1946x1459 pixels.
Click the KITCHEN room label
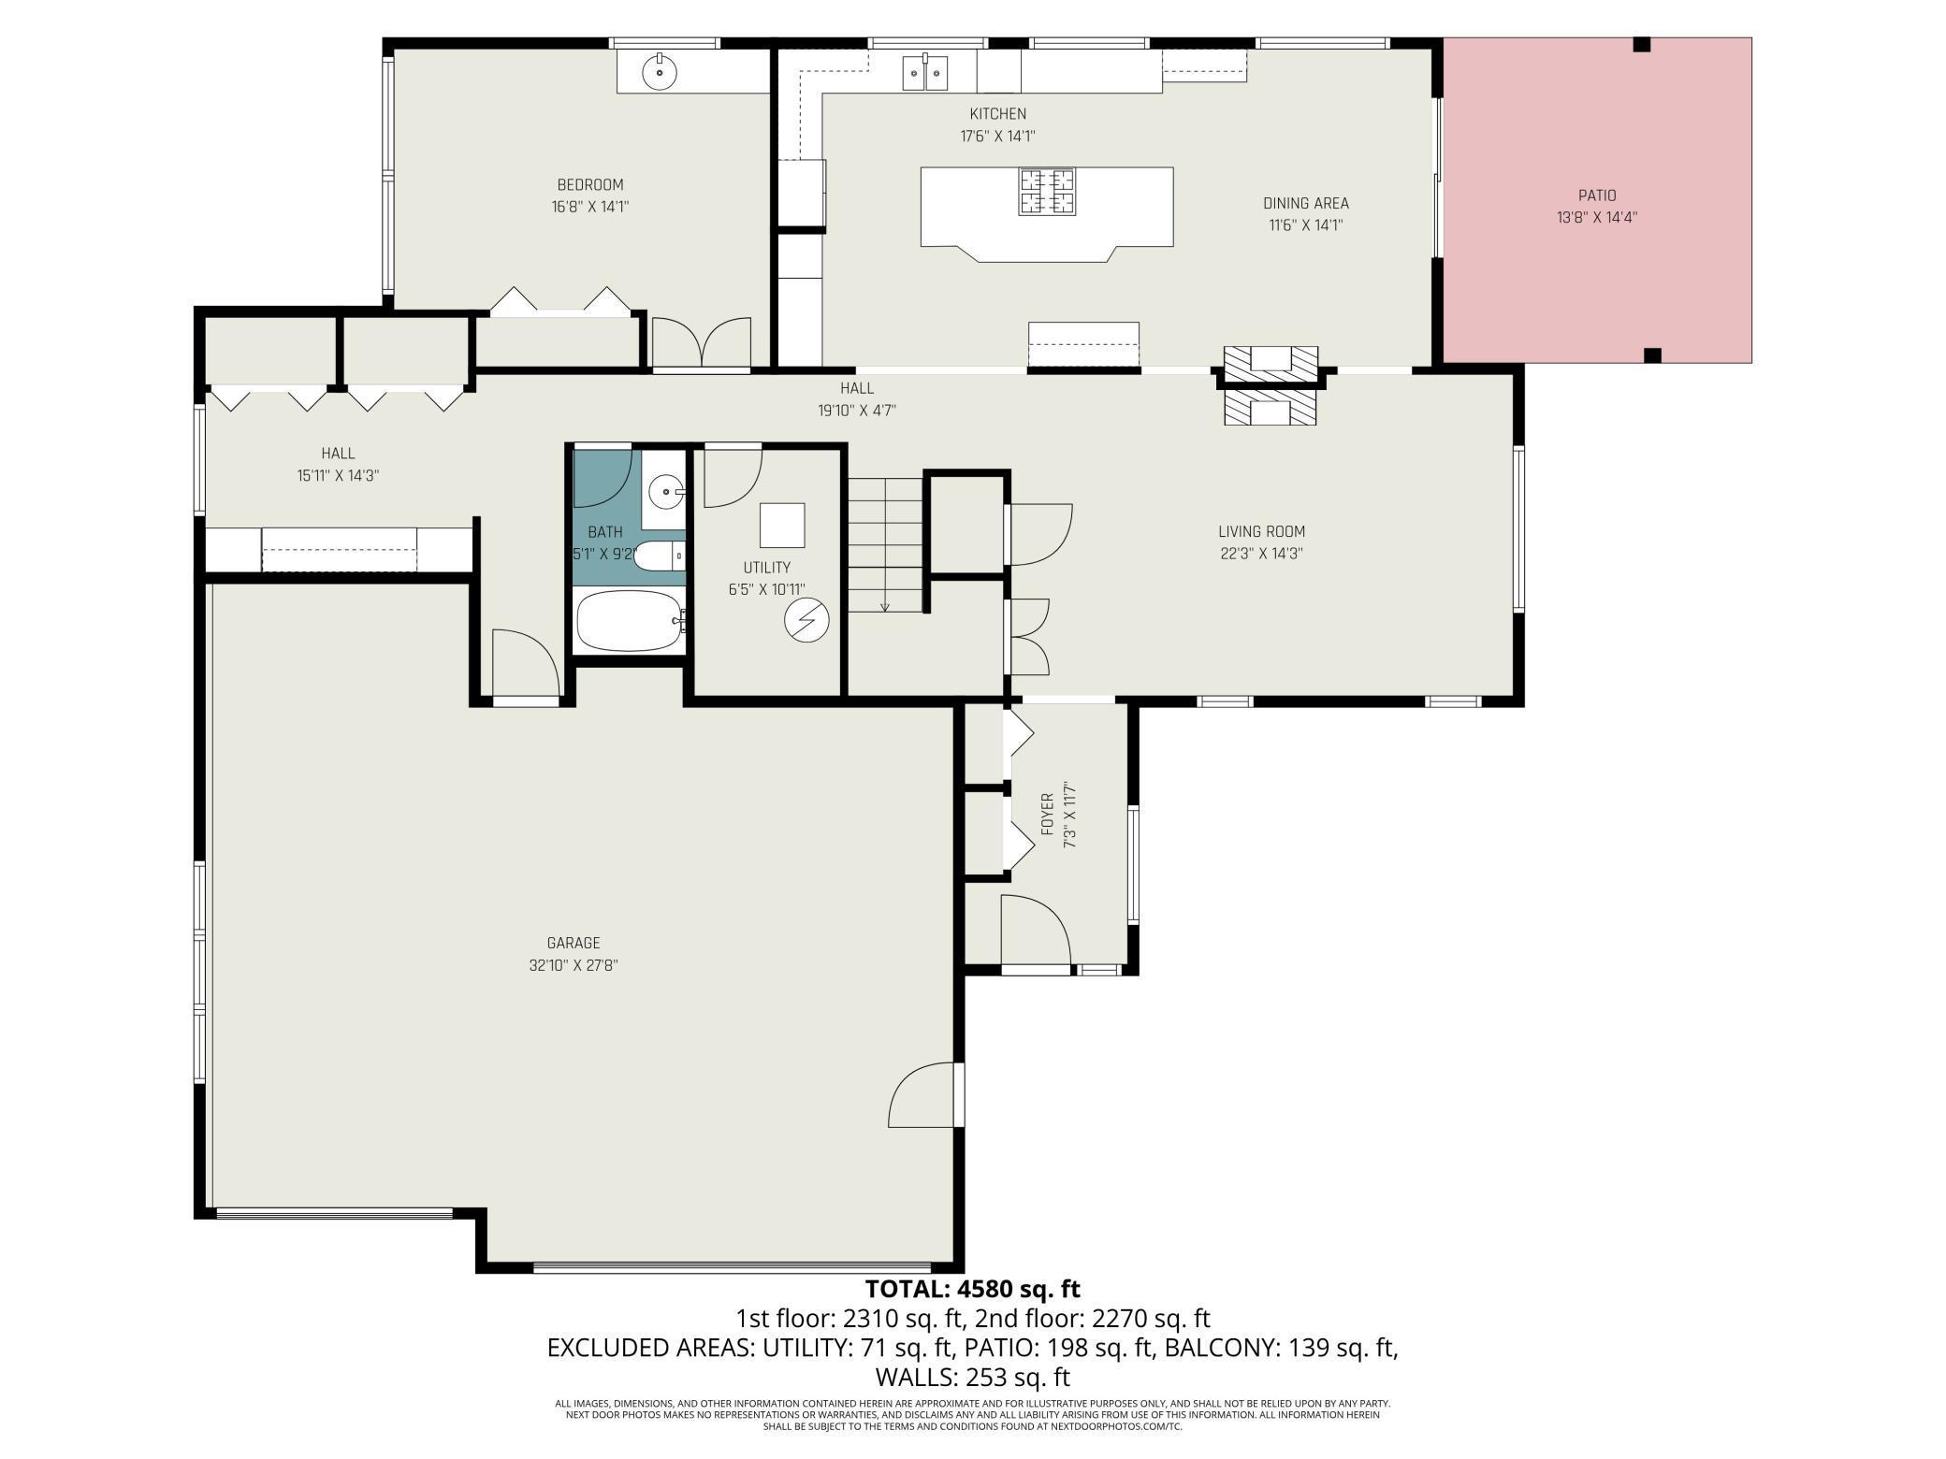coord(997,114)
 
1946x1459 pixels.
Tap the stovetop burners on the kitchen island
coord(1047,191)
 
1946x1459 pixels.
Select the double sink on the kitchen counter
coord(925,72)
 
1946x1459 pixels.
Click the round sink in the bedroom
coord(660,71)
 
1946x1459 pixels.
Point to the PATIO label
coord(1597,195)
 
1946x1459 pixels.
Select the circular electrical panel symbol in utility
coord(806,620)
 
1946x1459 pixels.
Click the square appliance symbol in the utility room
coord(782,525)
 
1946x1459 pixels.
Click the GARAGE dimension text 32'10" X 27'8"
coord(574,965)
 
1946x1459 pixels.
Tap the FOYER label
coord(1047,814)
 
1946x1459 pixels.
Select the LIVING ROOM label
coord(1261,531)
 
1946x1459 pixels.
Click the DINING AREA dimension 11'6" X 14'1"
coord(1306,224)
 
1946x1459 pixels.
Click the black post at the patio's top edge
coord(1642,44)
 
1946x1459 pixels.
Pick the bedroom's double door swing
coord(702,343)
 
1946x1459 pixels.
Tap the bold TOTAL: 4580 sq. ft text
coord(972,1289)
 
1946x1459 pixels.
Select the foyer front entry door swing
coord(1034,930)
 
